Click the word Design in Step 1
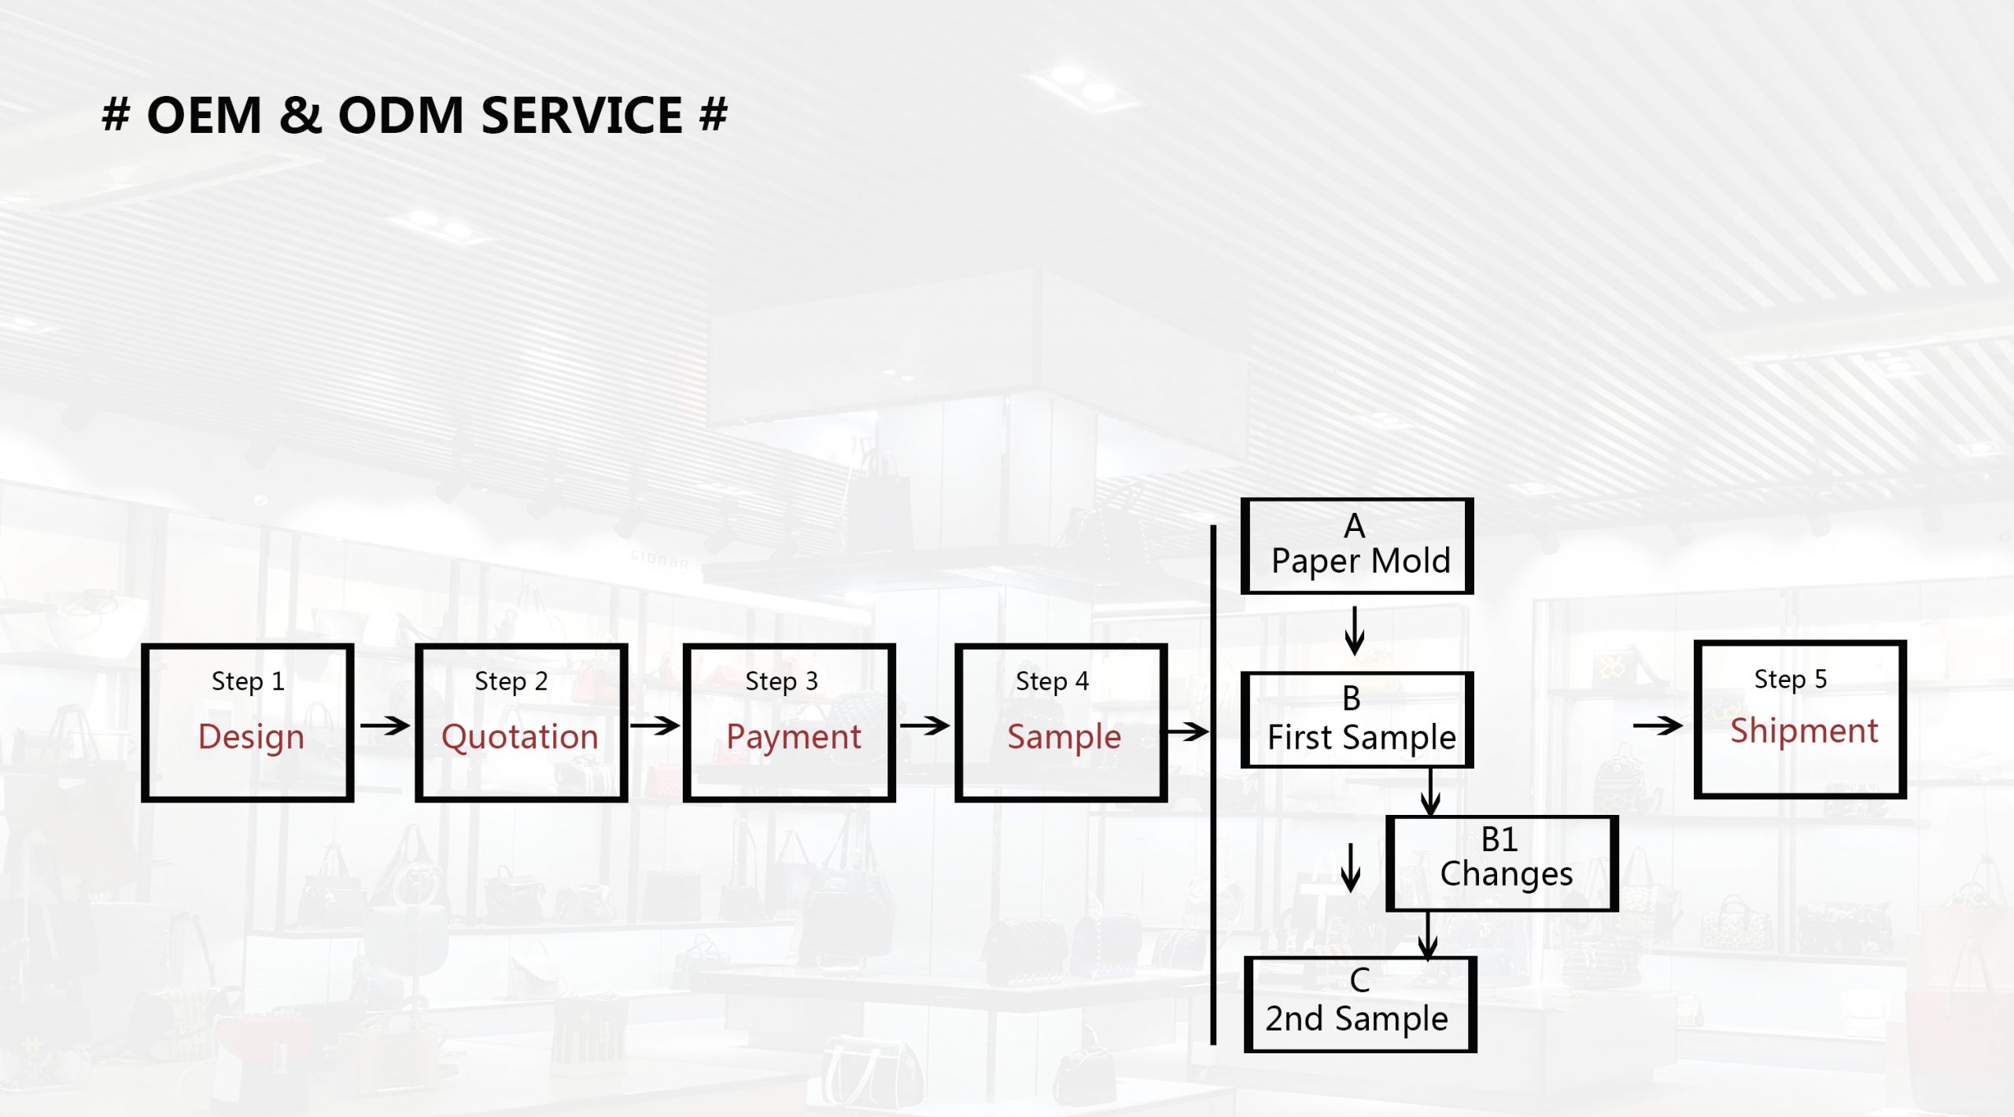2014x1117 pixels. click(x=251, y=737)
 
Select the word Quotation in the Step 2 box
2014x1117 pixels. click(x=520, y=737)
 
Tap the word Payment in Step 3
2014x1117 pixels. click(x=793, y=737)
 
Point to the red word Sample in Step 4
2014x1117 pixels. click(x=1064, y=737)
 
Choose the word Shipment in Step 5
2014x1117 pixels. click(x=1804, y=731)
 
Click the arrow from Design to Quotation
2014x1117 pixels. click(x=385, y=725)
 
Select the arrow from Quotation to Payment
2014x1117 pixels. click(x=655, y=725)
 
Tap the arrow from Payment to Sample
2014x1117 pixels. click(x=924, y=725)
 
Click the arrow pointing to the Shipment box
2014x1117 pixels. click(x=1658, y=725)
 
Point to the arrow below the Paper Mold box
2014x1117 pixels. click(x=1354, y=631)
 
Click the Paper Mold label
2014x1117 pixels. click(x=1360, y=562)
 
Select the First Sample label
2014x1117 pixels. click(x=1362, y=738)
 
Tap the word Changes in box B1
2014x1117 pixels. click(x=1506, y=874)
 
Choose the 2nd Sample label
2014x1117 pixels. click(x=1356, y=1019)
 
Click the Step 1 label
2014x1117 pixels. click(x=248, y=681)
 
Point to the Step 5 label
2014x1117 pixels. click(x=1791, y=679)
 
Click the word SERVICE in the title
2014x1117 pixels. click(x=581, y=116)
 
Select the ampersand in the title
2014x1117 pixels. click(x=300, y=116)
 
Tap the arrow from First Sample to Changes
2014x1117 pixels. click(x=1430, y=793)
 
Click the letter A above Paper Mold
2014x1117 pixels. click(x=1354, y=526)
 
